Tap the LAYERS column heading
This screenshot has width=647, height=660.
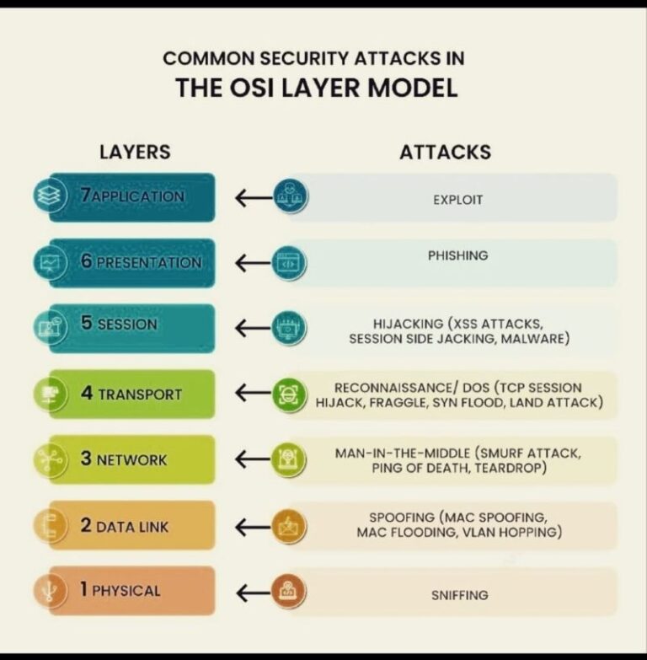(135, 152)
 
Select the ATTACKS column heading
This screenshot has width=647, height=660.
(446, 152)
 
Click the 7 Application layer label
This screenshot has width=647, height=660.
(132, 196)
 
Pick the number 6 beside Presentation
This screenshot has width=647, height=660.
(87, 261)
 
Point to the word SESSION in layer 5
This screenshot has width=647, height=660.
(127, 325)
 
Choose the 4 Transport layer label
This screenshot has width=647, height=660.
(131, 394)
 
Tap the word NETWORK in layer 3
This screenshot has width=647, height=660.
(131, 460)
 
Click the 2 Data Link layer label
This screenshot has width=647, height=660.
(125, 526)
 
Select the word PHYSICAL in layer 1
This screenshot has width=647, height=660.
(126, 591)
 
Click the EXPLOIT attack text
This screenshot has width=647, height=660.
(458, 200)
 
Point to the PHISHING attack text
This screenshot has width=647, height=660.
(458, 255)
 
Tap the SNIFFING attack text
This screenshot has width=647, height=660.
(460, 595)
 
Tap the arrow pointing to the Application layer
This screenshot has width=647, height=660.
(254, 197)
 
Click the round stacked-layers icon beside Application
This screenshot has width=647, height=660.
(50, 196)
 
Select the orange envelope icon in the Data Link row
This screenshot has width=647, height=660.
(289, 526)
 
